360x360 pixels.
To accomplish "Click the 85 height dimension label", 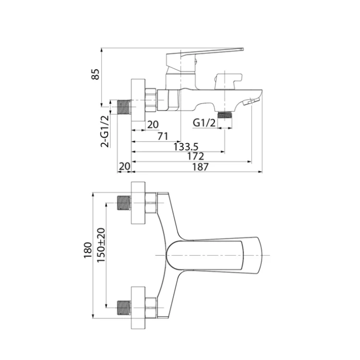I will (95, 74).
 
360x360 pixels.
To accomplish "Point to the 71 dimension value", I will (163, 136).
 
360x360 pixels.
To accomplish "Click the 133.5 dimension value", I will (185, 147).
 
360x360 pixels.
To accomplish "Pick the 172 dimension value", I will (195, 157).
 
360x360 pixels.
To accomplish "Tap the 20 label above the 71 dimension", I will (152, 124).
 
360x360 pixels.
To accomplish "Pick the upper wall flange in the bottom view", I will (138, 203).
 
